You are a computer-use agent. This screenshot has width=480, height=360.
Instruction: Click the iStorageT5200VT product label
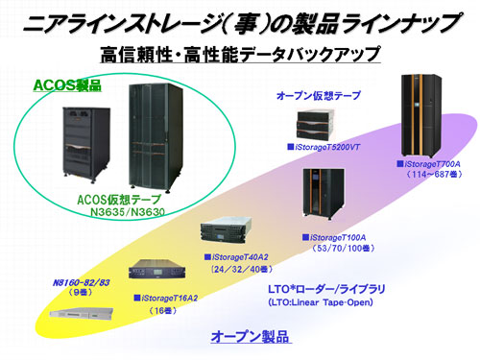tap(331, 148)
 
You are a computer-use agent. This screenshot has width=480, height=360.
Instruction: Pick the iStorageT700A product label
tap(427, 164)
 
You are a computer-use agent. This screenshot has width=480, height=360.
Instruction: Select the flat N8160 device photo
tap(72, 313)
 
